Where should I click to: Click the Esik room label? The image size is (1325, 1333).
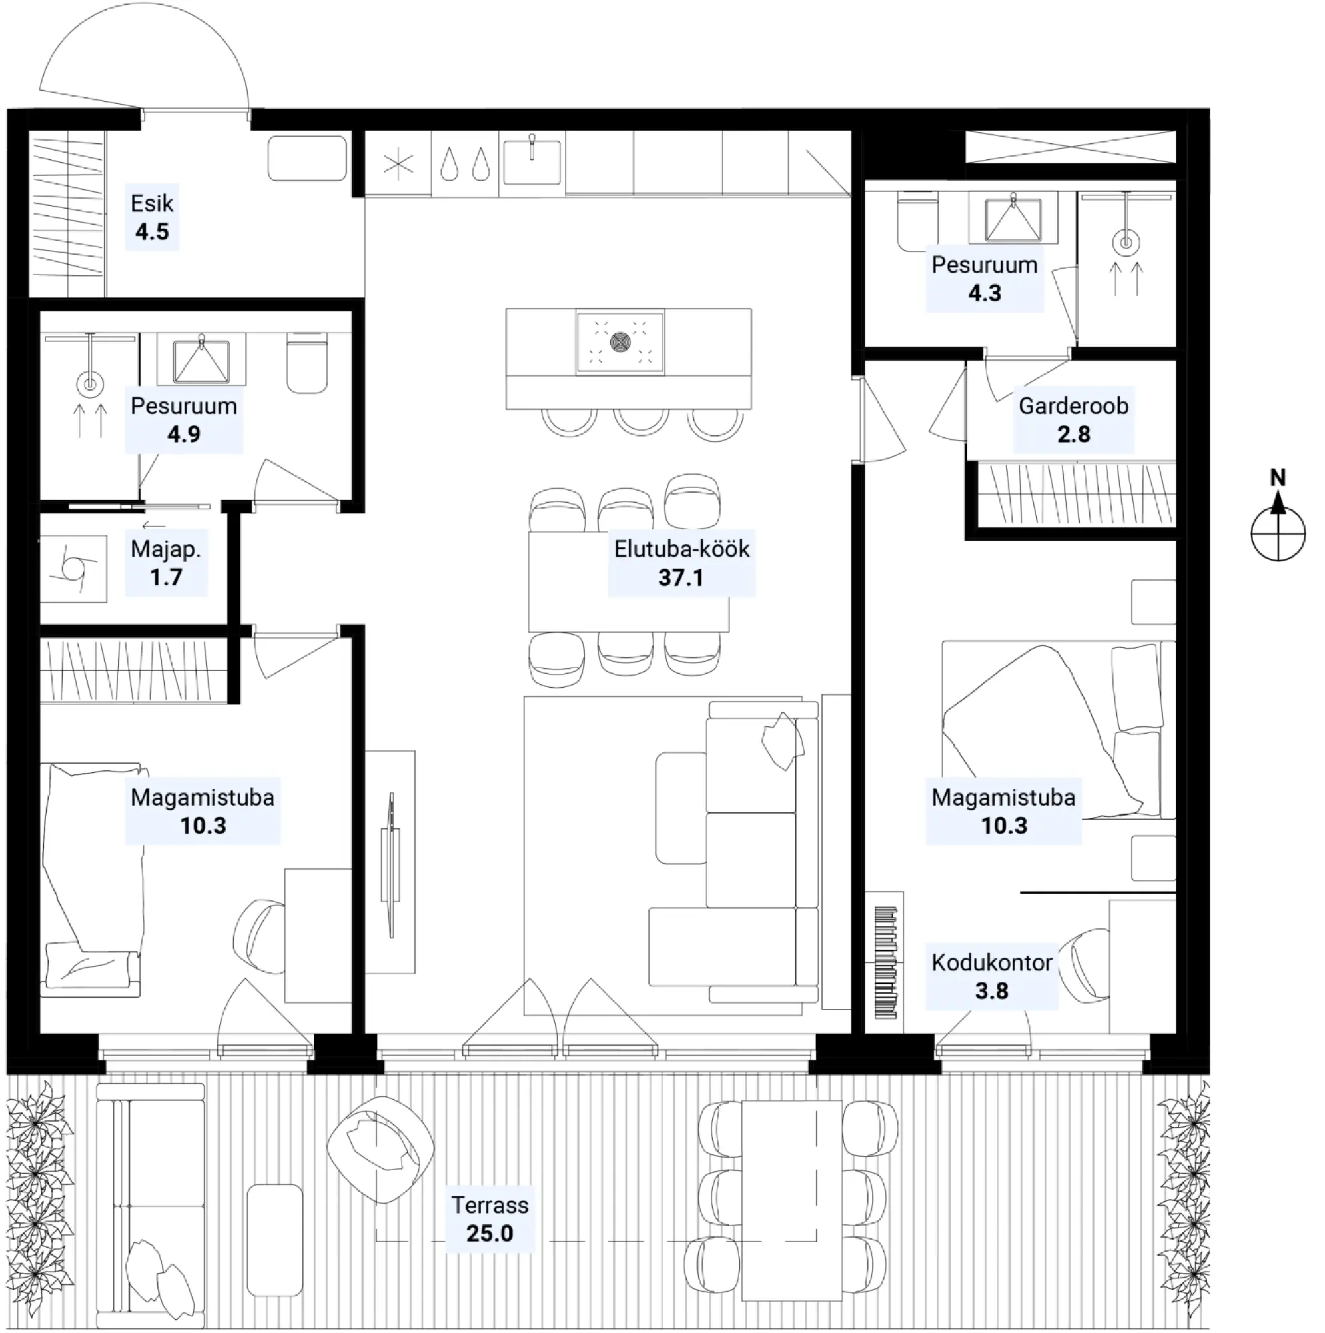(x=152, y=203)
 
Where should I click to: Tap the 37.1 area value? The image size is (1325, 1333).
(x=681, y=577)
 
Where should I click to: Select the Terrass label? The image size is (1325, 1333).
(x=490, y=1204)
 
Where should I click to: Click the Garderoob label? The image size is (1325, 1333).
(x=1073, y=406)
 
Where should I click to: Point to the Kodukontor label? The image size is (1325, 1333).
(x=991, y=962)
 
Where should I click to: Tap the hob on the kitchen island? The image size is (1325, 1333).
(x=620, y=342)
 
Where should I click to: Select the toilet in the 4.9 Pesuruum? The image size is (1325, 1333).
(x=307, y=362)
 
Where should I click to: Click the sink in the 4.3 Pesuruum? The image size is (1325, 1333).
(x=1013, y=217)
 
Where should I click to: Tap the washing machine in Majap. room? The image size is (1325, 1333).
(x=73, y=569)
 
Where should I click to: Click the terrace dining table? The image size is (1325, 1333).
(x=791, y=1204)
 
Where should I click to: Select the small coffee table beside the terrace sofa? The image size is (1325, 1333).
(x=274, y=1240)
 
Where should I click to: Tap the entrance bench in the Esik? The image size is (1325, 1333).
(x=308, y=158)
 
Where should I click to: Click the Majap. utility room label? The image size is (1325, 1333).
(x=165, y=549)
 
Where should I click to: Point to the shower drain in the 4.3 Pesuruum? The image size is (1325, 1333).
(x=1126, y=243)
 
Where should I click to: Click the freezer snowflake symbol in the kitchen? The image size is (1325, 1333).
(x=398, y=164)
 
